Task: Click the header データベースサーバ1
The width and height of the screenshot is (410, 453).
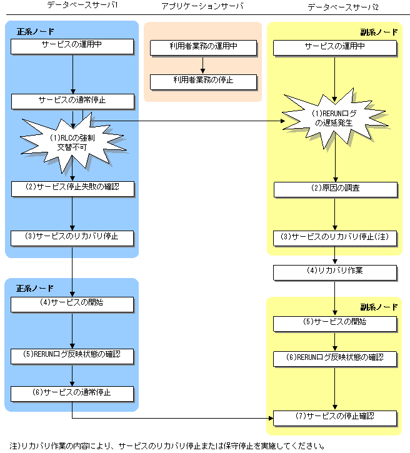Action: (x=74, y=6)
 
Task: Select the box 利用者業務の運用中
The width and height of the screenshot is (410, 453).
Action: (x=203, y=47)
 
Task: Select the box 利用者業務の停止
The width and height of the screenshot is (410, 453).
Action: (x=203, y=81)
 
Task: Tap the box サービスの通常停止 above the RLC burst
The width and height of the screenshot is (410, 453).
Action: (x=72, y=100)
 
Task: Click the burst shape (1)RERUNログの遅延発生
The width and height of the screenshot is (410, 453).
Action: (x=335, y=117)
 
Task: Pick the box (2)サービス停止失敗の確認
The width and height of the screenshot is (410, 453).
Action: (x=72, y=187)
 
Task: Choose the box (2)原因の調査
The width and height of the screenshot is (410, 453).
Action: (x=335, y=189)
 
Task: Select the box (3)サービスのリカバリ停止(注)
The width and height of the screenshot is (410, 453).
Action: (x=335, y=238)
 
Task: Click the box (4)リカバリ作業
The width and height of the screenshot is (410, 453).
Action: (x=335, y=272)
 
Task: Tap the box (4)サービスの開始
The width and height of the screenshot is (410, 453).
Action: (x=72, y=304)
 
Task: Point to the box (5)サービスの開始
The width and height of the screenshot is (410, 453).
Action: (x=335, y=323)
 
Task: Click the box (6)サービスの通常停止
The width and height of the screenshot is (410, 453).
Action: (x=72, y=394)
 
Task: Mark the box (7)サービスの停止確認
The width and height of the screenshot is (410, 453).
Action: (x=335, y=417)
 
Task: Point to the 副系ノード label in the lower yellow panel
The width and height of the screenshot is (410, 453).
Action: (x=378, y=307)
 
